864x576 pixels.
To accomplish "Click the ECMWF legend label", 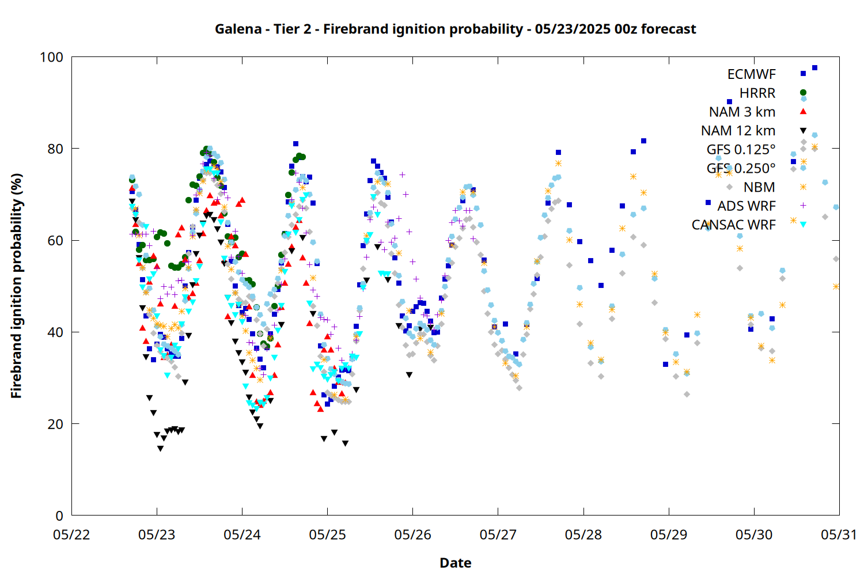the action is coord(751,74).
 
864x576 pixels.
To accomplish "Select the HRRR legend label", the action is coord(757,93).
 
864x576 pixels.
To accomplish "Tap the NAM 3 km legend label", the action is coord(742,112).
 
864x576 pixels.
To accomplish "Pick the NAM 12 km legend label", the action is coord(738,131).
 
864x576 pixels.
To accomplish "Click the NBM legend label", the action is coord(760,187).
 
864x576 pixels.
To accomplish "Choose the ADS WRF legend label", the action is coord(746,206).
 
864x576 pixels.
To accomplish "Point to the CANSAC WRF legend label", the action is coord(734,225).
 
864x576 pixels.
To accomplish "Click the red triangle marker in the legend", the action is coord(803,112).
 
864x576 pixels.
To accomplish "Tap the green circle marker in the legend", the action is coord(803,93).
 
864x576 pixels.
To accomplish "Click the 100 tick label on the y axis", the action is coord(52,57).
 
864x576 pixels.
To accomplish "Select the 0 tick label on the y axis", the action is coord(59,516).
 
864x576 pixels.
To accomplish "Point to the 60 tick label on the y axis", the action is coord(55,240).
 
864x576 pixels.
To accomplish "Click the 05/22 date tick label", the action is coord(71,535).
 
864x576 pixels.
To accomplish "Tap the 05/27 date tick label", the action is coord(498,535).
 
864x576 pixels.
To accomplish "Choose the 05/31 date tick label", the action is coord(839,535).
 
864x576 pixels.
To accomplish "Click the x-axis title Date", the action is coord(456,563).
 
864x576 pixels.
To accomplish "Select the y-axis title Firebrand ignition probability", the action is coord(17,286).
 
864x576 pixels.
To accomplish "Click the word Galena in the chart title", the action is coord(238,29).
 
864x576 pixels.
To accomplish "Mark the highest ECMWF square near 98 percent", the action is coord(814,68).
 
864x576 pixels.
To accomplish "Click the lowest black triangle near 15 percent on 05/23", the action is coord(161,449).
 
